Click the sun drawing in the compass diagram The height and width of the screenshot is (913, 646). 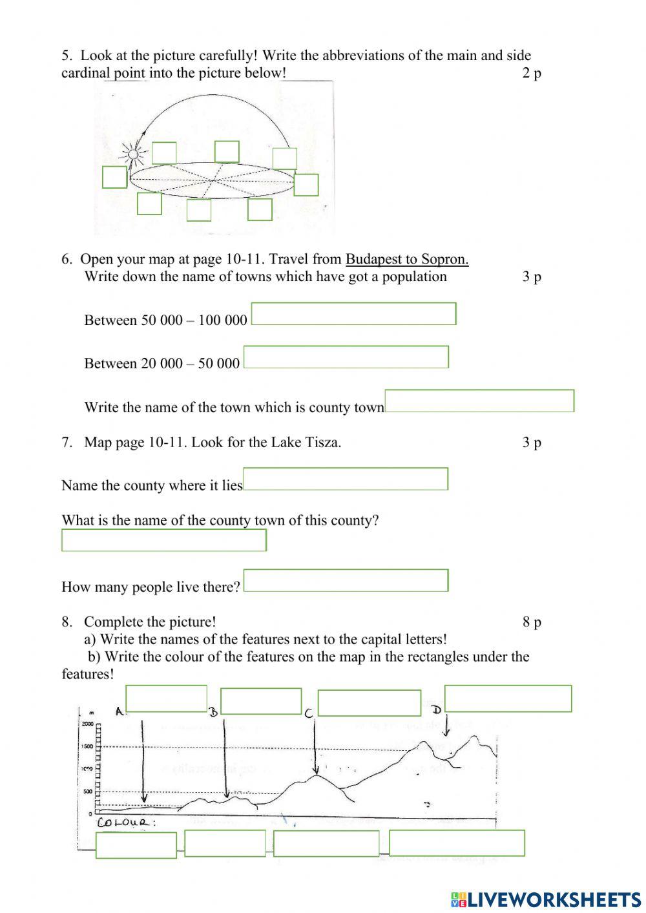(133, 154)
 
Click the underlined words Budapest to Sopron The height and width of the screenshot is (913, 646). (407, 259)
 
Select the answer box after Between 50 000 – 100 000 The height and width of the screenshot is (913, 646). (353, 314)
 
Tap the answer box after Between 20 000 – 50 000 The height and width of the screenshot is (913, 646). (346, 357)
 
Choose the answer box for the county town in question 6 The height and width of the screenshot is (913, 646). (479, 401)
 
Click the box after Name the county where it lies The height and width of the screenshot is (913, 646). (346, 479)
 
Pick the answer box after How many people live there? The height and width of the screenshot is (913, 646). (346, 580)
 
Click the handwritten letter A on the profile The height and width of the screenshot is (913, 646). (120, 711)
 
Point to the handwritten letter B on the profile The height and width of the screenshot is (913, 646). (213, 712)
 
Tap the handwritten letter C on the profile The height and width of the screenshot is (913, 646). (309, 713)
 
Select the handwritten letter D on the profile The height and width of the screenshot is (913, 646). (437, 709)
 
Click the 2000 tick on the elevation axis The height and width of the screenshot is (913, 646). (88, 724)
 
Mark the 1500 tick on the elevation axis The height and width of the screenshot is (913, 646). (88, 746)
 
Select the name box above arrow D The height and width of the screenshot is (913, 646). (508, 698)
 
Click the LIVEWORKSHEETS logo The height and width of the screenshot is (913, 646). (546, 899)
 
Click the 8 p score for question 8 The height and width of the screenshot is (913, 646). (532, 622)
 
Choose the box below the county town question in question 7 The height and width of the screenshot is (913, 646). (164, 540)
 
